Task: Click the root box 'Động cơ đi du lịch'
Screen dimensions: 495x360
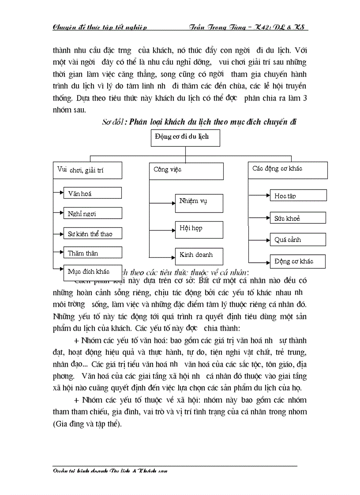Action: (x=185, y=138)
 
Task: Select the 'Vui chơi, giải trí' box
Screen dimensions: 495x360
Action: (x=87, y=170)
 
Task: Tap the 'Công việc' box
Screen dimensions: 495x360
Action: (x=186, y=171)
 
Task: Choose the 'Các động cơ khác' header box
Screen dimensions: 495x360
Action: (x=288, y=170)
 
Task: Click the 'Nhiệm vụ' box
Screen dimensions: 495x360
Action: (x=199, y=203)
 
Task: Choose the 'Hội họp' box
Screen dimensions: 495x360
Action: (x=199, y=230)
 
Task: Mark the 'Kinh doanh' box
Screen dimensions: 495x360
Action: (x=199, y=256)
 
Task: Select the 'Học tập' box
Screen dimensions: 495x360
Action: (x=298, y=196)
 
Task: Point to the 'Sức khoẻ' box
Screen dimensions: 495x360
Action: (x=298, y=218)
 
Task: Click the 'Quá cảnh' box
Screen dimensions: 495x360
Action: (x=298, y=240)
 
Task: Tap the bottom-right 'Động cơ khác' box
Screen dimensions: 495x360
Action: (x=298, y=261)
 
